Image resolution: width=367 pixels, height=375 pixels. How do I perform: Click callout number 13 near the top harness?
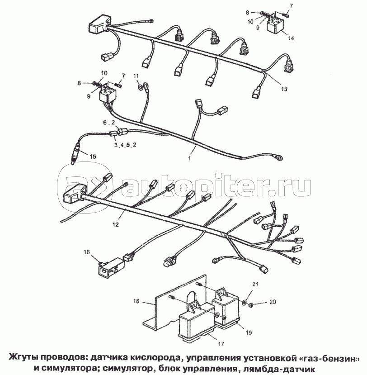click(x=284, y=89)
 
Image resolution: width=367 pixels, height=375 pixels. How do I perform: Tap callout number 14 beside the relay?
click(x=291, y=38)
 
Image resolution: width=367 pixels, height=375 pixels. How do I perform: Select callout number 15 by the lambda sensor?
click(x=93, y=157)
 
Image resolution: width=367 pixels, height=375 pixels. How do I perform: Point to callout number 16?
click(x=87, y=252)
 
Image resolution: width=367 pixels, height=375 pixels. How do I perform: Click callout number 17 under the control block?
click(x=221, y=344)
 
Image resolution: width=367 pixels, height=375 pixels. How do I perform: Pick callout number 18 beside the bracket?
click(x=136, y=301)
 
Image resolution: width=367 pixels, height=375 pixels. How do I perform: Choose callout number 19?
click(x=249, y=332)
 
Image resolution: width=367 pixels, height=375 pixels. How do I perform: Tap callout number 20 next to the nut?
click(x=273, y=302)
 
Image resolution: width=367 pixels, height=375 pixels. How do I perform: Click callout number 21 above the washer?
click(x=255, y=284)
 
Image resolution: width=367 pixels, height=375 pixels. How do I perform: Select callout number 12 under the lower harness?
click(x=115, y=224)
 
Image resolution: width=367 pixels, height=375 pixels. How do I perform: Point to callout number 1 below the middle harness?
click(x=189, y=158)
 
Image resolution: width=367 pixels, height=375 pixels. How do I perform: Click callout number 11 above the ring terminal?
click(x=136, y=76)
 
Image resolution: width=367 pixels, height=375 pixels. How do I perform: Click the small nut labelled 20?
click(x=250, y=305)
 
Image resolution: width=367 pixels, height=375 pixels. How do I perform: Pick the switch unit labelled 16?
click(x=112, y=267)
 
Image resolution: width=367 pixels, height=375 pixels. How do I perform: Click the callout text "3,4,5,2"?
click(x=125, y=145)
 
